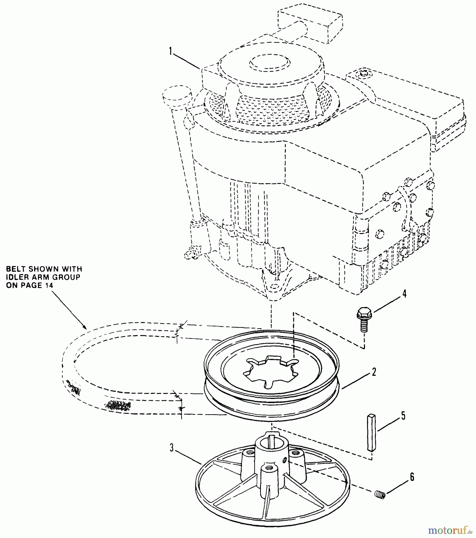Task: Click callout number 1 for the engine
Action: tap(171, 51)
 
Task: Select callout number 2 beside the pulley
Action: tap(374, 372)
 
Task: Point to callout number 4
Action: tap(404, 294)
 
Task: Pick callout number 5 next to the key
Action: tap(403, 415)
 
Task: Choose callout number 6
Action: tap(412, 477)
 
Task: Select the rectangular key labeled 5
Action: tap(371, 432)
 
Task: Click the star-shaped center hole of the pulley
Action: tap(271, 369)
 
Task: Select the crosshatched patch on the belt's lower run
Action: tap(117, 405)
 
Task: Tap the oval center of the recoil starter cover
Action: tap(270, 63)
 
